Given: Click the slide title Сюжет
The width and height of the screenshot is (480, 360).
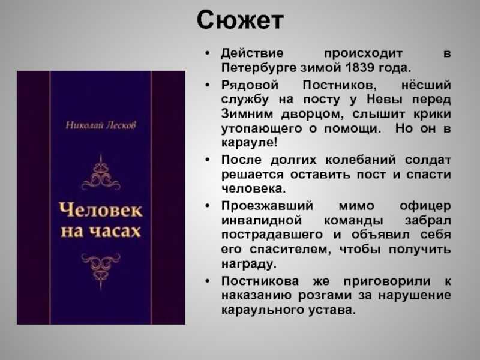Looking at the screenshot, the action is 240,20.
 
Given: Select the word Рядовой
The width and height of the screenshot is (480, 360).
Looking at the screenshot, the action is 250,85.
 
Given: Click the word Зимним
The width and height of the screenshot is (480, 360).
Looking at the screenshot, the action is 247,114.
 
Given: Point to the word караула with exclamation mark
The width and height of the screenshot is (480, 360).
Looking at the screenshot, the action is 249,143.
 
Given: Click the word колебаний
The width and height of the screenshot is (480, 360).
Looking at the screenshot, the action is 361,160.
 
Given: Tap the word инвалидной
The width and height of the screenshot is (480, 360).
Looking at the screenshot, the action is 262,220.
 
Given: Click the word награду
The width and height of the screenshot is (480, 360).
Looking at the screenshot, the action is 249,264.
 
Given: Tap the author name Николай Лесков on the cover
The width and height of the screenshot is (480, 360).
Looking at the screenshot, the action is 101,125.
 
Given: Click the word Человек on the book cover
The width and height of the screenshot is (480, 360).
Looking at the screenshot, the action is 101,210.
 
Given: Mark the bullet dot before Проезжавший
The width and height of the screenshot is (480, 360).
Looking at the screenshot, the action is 208,206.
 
